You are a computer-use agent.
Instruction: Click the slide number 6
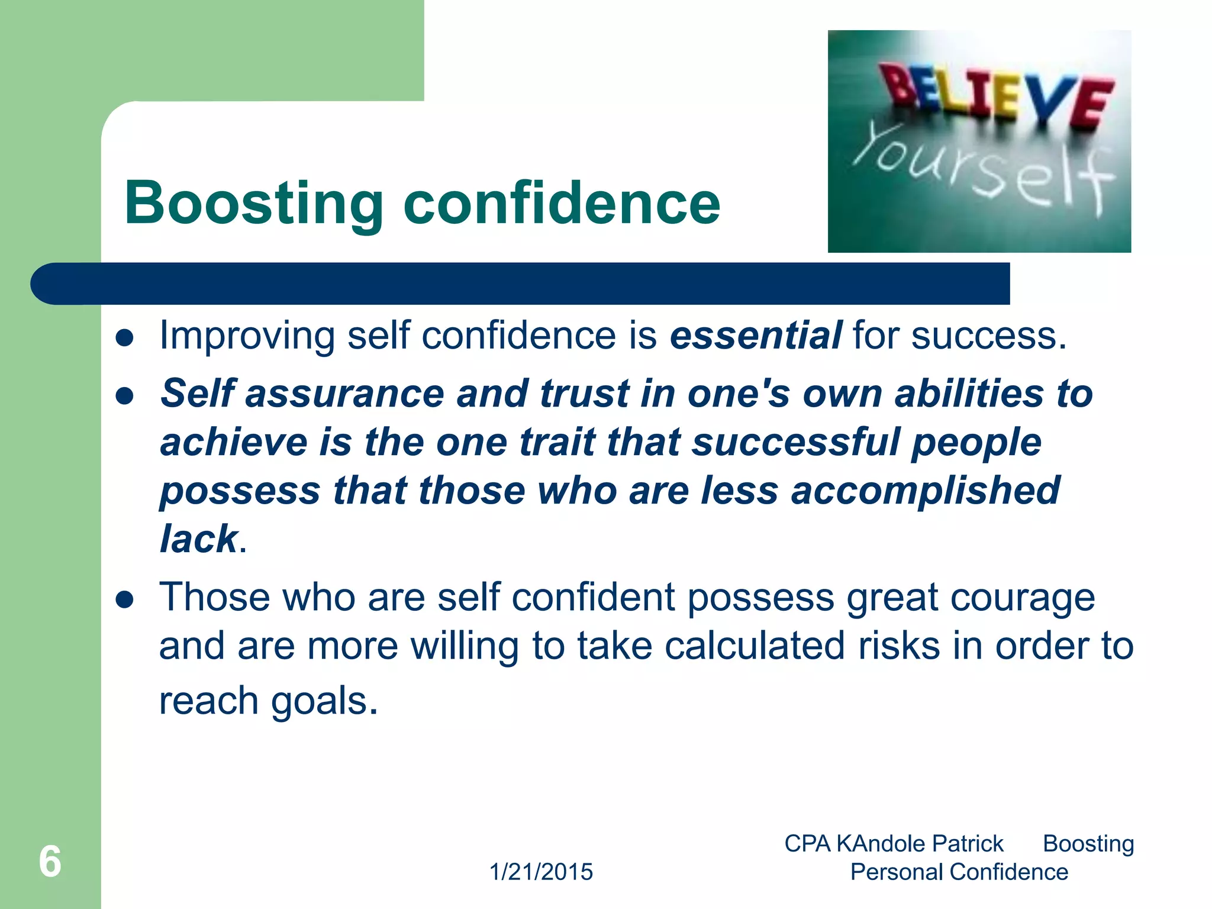click(x=50, y=861)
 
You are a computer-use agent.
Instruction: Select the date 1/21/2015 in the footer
click(x=541, y=872)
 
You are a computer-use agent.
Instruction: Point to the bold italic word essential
click(x=756, y=336)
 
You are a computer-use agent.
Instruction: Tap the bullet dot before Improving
click(x=125, y=338)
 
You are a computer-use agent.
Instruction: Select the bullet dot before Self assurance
click(x=125, y=395)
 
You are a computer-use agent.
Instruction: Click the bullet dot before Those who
click(x=125, y=600)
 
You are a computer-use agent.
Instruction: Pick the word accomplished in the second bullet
click(x=925, y=491)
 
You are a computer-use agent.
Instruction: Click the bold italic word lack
click(x=199, y=539)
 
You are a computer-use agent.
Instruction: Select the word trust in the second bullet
click(x=585, y=394)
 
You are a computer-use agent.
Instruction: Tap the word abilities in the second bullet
click(x=969, y=394)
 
